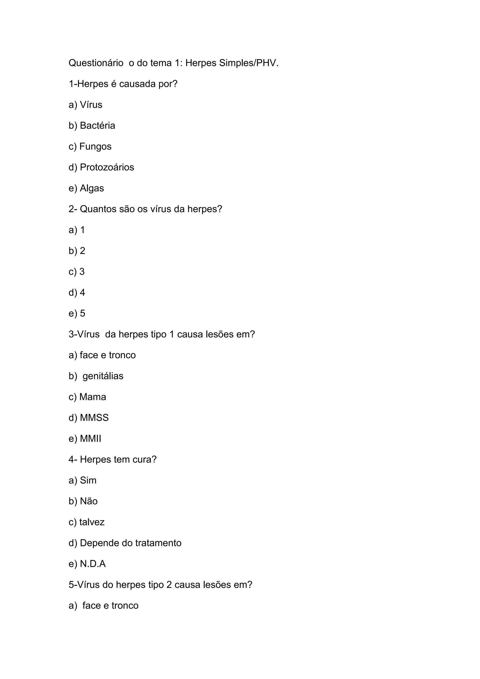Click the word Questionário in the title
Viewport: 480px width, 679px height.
coord(96,63)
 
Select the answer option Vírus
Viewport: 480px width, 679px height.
coord(91,105)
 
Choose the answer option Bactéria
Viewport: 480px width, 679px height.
coord(97,126)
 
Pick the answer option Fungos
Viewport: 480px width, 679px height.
coord(95,147)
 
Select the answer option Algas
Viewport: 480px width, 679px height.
coord(92,188)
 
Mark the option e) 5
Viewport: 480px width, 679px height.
coord(77,313)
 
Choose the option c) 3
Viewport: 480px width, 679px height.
coord(77,272)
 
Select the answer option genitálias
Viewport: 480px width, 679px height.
coord(103,376)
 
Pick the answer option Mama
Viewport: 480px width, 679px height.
coord(93,397)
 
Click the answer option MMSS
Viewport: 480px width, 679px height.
coord(94,418)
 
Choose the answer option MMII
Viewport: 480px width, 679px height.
coord(90,439)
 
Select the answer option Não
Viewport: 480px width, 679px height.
coord(89,501)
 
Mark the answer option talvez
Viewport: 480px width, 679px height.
coord(92,522)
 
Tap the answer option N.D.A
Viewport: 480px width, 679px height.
coord(93,564)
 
